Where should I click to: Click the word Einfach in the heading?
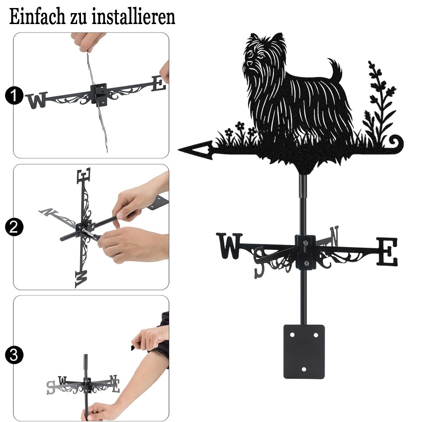tap(38, 17)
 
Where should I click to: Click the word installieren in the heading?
tap(133, 17)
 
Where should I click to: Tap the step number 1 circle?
tap(14, 95)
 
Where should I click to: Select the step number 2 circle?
tap(14, 227)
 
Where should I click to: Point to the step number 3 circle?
tap(14, 355)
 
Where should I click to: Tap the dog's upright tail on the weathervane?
tap(335, 70)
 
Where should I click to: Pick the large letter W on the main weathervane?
tap(230, 246)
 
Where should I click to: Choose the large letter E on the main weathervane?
tap(387, 252)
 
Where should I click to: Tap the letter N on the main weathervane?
tap(334, 236)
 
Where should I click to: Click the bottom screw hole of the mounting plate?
tap(304, 369)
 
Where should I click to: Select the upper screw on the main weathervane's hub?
tap(305, 243)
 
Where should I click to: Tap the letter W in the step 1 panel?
tap(37, 100)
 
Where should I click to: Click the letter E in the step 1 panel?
tap(159, 84)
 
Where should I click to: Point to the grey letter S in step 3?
tap(51, 387)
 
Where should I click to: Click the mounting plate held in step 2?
tap(158, 203)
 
